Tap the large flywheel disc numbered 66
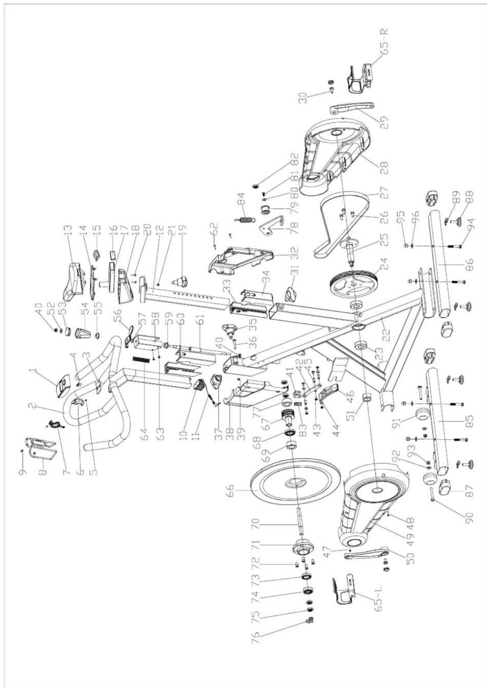pyautogui.click(x=295, y=482)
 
